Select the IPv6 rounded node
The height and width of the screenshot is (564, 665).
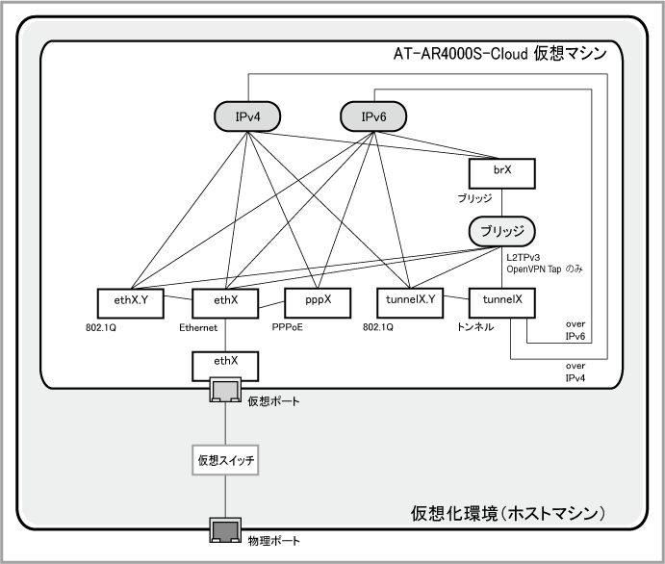pos(373,117)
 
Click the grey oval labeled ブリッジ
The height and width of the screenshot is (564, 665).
pos(501,231)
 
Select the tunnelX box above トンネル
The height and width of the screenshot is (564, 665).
pos(501,300)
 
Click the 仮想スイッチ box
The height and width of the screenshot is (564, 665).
pos(225,461)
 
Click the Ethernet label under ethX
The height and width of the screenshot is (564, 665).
pos(200,327)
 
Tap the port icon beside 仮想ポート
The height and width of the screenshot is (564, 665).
pos(224,391)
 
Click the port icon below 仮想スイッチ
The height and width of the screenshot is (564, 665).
pos(225,528)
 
